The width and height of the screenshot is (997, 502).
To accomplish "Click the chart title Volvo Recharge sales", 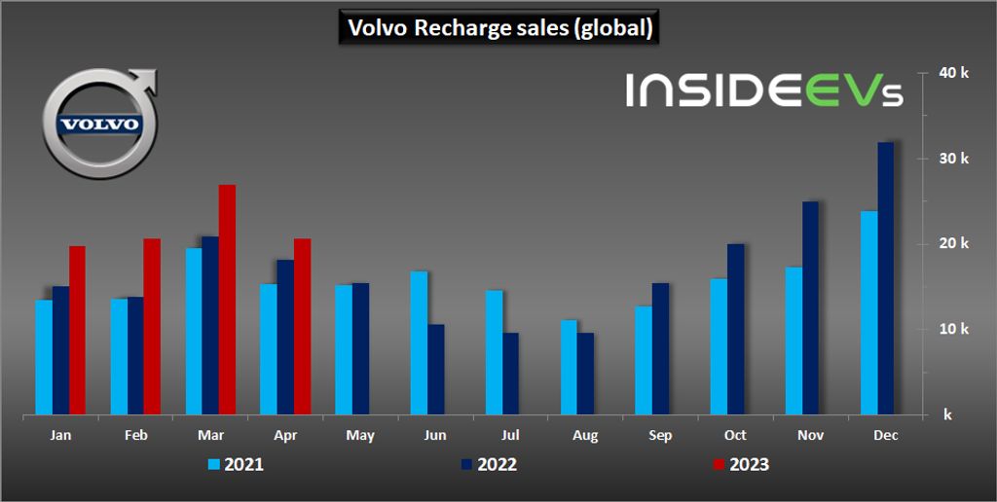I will coord(498,28).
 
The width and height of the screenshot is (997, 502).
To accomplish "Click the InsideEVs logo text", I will coord(763,90).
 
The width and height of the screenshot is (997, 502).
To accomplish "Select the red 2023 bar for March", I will coord(227,300).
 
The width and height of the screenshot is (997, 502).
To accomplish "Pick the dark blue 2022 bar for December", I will coord(885,278).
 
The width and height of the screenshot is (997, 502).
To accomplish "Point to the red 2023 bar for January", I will coord(77,331).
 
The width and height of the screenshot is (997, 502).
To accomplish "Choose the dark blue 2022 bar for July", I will coord(510,374).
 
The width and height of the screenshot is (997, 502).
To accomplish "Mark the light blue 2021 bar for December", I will coord(868,312).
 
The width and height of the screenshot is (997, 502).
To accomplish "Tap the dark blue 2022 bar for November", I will coord(810,307).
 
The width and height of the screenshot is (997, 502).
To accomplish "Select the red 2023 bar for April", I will coord(302,327).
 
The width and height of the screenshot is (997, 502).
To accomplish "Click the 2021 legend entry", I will coord(237,464).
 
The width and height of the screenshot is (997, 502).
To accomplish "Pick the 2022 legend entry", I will coord(490,464).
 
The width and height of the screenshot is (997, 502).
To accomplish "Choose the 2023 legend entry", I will coord(742,464).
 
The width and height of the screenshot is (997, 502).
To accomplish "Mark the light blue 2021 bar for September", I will coord(644,361).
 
